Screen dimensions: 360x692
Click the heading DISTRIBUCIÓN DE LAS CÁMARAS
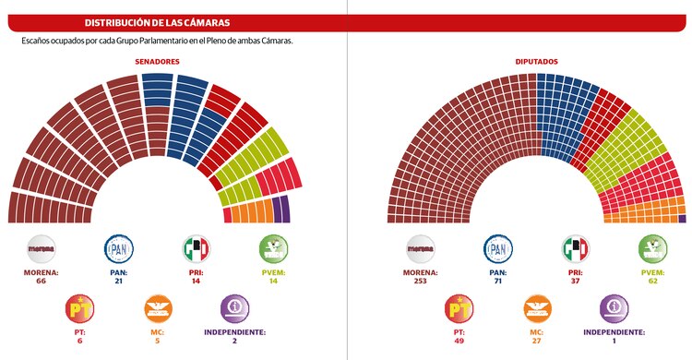tap(157, 21)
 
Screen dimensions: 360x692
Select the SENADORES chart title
tap(157, 62)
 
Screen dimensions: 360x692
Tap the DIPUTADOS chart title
tap(537, 62)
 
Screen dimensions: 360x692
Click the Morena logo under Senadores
tap(42, 249)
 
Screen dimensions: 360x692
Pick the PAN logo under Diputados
tap(499, 249)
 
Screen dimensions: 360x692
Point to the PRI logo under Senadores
tap(196, 249)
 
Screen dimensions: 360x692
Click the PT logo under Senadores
tap(80, 307)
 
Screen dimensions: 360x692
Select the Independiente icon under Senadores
tap(233, 307)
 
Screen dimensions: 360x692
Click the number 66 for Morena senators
tap(42, 282)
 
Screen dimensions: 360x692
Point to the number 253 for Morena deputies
tap(423, 282)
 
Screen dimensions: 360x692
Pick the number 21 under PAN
tap(118, 282)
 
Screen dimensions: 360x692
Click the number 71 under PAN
tap(499, 282)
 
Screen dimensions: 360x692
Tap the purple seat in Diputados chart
tap(682, 219)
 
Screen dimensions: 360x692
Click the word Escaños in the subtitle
tap(37, 42)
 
